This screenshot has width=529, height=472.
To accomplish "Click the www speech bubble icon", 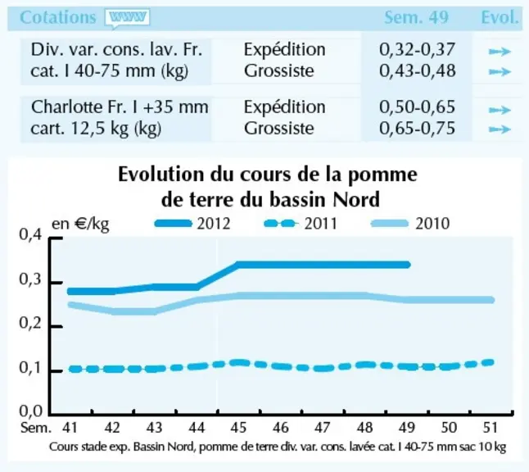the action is point(127,18).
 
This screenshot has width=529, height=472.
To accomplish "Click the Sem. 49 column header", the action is point(417,17).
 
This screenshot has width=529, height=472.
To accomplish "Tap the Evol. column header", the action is point(500,17).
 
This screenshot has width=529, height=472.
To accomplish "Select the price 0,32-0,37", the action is point(418,50).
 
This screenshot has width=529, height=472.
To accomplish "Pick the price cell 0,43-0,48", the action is point(418,70).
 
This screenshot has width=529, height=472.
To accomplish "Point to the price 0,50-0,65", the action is point(418,107).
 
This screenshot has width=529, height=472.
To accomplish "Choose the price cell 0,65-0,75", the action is point(418,129).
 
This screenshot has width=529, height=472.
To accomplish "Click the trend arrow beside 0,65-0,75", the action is point(500,129).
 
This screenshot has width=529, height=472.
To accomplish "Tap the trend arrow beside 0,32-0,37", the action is point(500,52).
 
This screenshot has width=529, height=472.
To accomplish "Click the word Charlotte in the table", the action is point(67,107).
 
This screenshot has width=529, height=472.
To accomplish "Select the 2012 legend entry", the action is point(192,224).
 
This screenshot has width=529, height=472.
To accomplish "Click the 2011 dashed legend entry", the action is point(301,224).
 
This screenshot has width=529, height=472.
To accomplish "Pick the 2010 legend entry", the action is point(410,224).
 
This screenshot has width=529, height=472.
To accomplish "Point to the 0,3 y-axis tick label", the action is point(30,279).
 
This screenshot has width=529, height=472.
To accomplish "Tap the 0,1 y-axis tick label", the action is point(30,368).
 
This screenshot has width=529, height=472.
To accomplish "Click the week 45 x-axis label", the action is point(238,428).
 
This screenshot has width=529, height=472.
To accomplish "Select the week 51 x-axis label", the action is point(491,428).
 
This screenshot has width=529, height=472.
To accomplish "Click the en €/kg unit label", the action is point(80,224).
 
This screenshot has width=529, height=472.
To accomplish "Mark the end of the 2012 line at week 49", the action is point(408,265).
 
